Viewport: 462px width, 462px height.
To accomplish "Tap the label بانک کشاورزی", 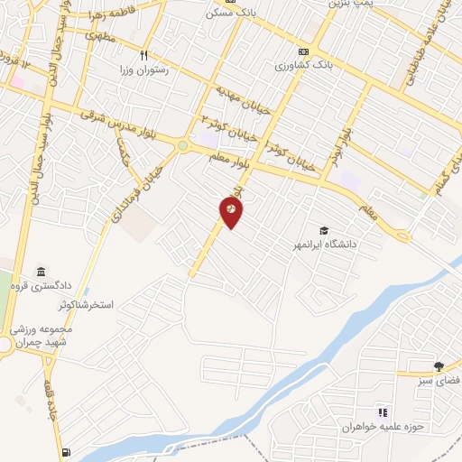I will click(x=305, y=67).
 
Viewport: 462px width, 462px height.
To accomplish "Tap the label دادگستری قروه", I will click(x=41, y=287).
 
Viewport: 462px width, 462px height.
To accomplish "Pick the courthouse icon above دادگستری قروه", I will click(x=41, y=273).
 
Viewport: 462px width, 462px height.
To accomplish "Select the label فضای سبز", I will click(x=439, y=382).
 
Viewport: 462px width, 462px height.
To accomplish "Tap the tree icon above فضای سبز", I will click(x=439, y=366).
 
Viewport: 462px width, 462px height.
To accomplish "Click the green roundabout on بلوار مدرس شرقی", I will click(x=183, y=145).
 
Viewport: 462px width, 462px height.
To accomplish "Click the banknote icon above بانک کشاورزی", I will click(x=303, y=51).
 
